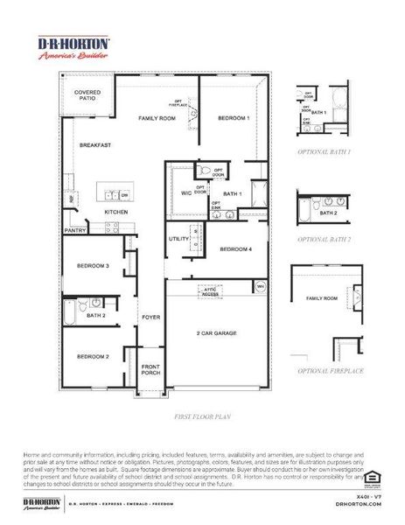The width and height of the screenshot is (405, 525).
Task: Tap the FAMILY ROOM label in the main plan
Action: [x=157, y=117]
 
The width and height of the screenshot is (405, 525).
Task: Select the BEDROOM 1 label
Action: [x=234, y=117]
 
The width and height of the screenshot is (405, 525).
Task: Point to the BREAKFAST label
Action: [x=94, y=144]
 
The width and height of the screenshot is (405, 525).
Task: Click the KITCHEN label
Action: [x=117, y=212]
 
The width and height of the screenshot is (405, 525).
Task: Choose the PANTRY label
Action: [x=74, y=231]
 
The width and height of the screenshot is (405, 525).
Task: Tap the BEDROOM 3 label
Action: [x=92, y=266]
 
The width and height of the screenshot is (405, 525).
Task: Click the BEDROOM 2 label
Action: [x=92, y=356]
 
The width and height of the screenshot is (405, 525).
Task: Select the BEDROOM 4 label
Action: [x=236, y=249]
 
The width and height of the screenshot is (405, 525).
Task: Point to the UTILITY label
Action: [x=179, y=238]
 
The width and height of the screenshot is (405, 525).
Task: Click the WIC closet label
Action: [x=185, y=193]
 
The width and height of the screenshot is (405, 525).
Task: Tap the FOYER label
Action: [x=150, y=318]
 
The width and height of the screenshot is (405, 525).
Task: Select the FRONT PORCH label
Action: [x=150, y=370]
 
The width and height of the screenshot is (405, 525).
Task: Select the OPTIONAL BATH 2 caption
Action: [x=324, y=238]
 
